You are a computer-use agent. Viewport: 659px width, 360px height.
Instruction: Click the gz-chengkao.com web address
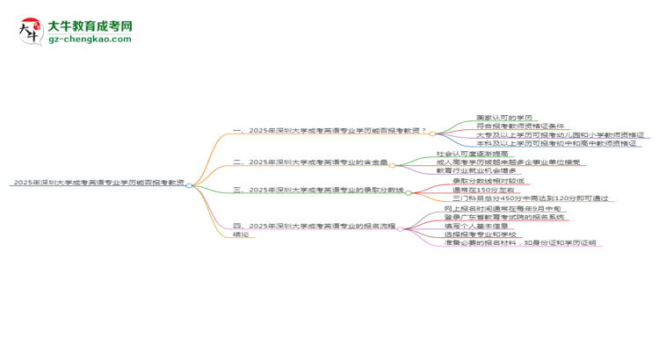[x=91, y=40]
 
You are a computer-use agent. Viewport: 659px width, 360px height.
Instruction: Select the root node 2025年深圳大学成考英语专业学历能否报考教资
[x=98, y=183]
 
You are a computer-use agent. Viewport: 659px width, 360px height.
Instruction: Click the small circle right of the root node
[x=189, y=184]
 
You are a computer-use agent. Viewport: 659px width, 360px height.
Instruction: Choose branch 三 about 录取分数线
[x=317, y=189]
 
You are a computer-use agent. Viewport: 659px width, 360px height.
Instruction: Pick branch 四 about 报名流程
[x=314, y=226]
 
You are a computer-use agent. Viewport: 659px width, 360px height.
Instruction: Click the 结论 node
[x=241, y=234]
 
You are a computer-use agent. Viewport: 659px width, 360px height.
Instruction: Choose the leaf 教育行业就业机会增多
[x=481, y=170]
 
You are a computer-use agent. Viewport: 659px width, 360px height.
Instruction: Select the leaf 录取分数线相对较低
[x=488, y=180]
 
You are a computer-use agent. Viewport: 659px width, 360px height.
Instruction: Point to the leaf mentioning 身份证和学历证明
[x=520, y=243]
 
